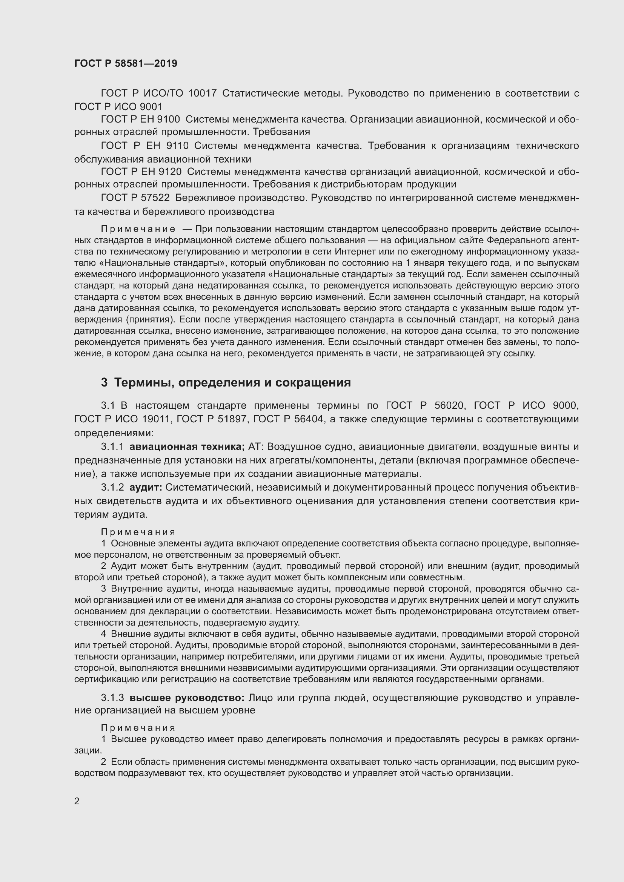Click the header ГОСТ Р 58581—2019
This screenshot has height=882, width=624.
(x=126, y=63)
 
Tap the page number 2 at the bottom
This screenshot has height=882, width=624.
(x=77, y=801)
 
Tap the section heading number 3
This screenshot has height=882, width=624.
(x=104, y=383)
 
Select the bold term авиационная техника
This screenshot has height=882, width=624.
(x=187, y=447)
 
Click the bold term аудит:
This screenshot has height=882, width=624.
(x=146, y=488)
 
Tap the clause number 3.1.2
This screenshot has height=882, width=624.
(x=112, y=488)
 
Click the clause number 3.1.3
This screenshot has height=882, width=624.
(x=112, y=698)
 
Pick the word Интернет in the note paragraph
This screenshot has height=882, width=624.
(x=352, y=252)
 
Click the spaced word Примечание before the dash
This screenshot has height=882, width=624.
(x=138, y=229)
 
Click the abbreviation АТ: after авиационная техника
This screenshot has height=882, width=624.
(x=255, y=447)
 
